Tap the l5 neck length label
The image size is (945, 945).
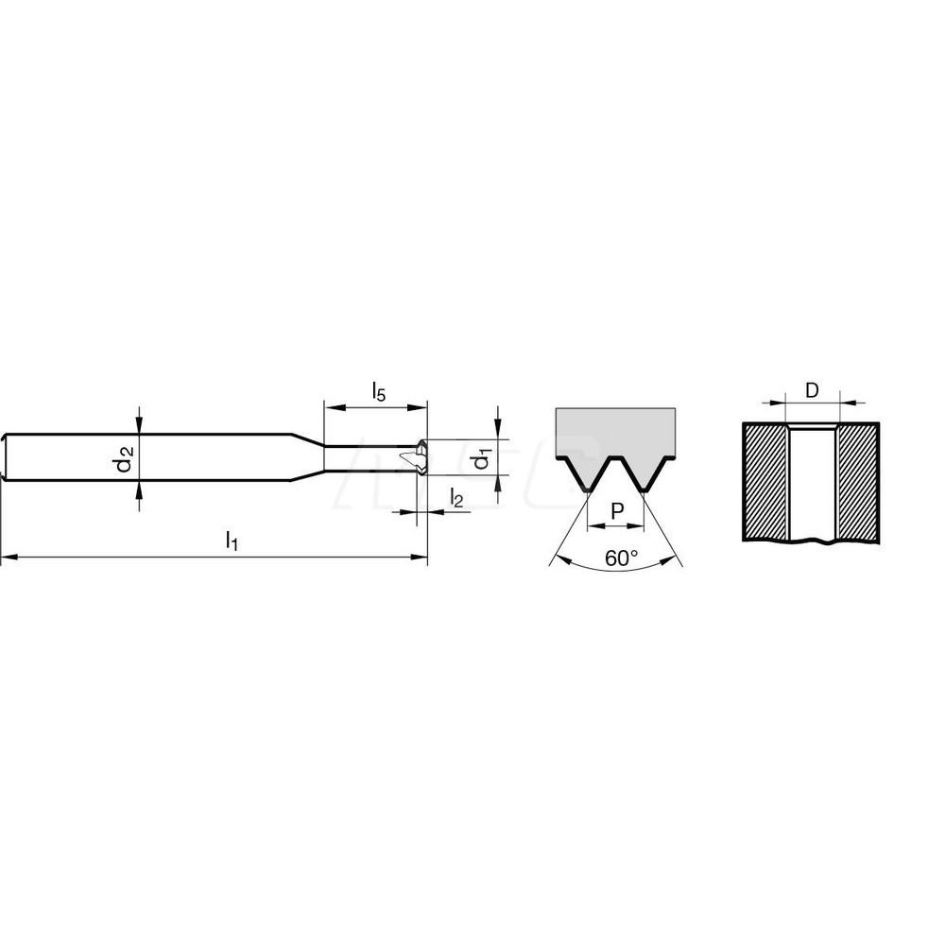coord(377,391)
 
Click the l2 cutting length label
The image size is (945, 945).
coord(455,498)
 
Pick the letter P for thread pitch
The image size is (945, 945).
coord(617,510)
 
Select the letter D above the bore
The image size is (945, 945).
coord(812,389)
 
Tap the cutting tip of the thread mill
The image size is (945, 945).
coord(416,458)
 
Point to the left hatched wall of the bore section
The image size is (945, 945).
coord(765,480)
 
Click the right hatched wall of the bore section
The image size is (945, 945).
coord(857,480)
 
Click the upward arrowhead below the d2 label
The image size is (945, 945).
coord(140,488)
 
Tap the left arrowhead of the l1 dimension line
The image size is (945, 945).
coord(7,559)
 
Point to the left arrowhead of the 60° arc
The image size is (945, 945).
coord(554,561)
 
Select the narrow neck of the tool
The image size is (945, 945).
coord(369,458)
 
